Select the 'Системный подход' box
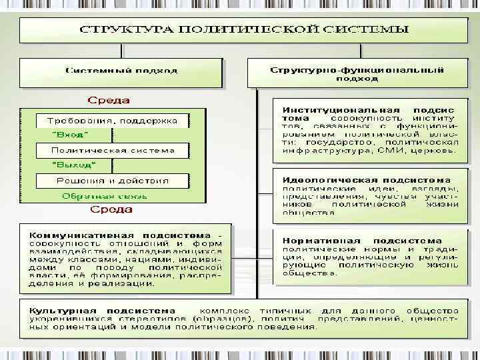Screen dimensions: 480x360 [x=121, y=70]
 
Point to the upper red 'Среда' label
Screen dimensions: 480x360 [x=109, y=101]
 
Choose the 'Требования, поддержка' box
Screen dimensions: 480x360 [x=112, y=121]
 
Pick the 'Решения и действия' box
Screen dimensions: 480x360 [x=112, y=180]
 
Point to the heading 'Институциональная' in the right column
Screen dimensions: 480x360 [x=341, y=109]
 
